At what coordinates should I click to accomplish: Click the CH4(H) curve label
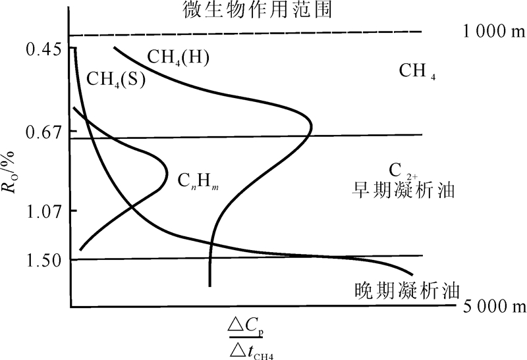pyautogui.click(x=178, y=57)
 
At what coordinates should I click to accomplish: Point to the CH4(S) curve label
pyautogui.click(x=116, y=79)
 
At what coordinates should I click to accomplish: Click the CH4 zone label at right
pyautogui.click(x=418, y=71)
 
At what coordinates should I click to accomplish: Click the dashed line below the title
pyautogui.click(x=244, y=33)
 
